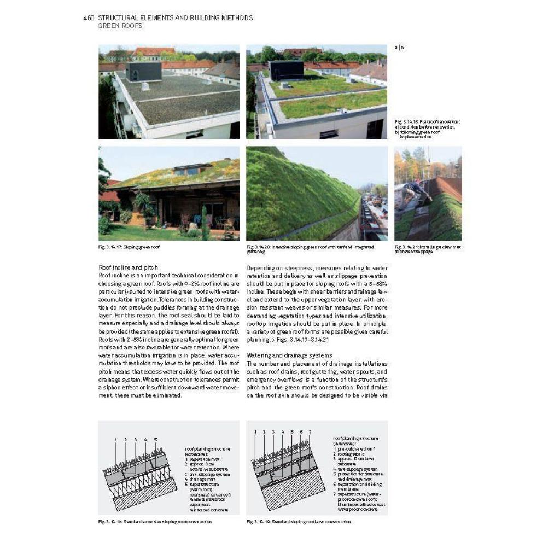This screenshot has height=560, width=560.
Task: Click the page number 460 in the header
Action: [x=89, y=18]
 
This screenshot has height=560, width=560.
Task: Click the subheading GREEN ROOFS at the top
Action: [x=119, y=26]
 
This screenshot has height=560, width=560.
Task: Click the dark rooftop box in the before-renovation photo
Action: [x=143, y=72]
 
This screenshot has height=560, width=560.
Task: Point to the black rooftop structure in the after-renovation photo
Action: [x=285, y=71]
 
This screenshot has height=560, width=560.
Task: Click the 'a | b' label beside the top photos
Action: [x=400, y=48]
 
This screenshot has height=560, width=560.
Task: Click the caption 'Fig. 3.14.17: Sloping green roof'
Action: [x=129, y=247]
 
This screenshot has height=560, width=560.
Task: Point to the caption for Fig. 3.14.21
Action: [x=427, y=249]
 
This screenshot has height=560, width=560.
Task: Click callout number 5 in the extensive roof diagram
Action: [x=156, y=440]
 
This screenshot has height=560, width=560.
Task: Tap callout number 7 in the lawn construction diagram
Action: [x=310, y=432]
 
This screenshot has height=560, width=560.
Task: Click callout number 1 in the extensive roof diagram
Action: [x=116, y=440]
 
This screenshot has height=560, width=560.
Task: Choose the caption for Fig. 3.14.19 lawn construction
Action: [x=299, y=522]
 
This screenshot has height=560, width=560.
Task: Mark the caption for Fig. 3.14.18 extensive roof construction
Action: [x=155, y=522]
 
